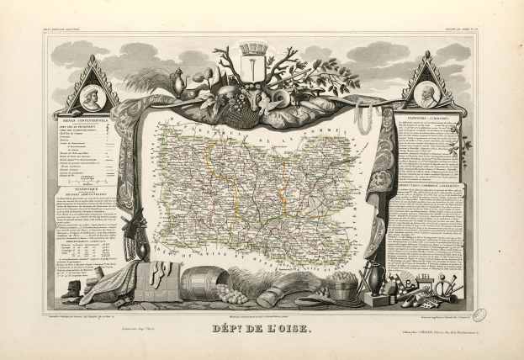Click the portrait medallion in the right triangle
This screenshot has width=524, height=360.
[x=429, y=95]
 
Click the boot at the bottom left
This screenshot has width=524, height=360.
[x=75, y=289]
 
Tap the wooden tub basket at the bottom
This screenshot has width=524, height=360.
[x=341, y=289]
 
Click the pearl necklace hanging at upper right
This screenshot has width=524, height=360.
[x=364, y=117]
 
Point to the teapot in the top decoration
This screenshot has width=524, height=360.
[x=177, y=82]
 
